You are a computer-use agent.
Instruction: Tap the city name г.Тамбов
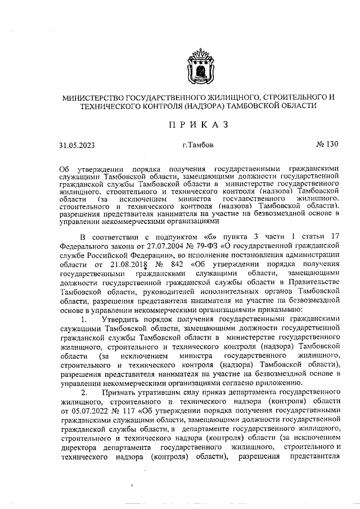tap(197, 145)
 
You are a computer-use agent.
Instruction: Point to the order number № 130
tap(328, 145)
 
